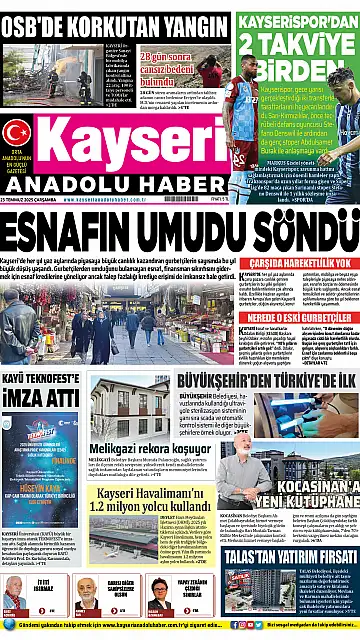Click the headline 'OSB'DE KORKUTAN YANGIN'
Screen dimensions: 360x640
(x=110, y=20)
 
